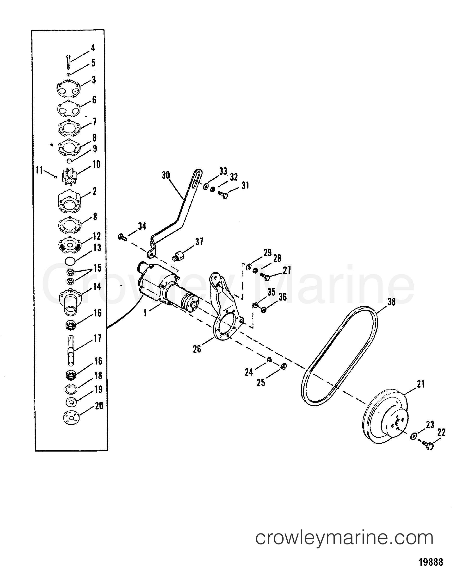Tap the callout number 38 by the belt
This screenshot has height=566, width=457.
pos(391,302)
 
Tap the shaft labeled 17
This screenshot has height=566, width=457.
pos(71,350)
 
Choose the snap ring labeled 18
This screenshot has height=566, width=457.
pos(70,388)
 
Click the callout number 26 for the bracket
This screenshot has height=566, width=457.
pos(197,349)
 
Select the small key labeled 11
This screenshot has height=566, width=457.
pos(56,177)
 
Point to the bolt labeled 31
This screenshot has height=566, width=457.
pos(223,195)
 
